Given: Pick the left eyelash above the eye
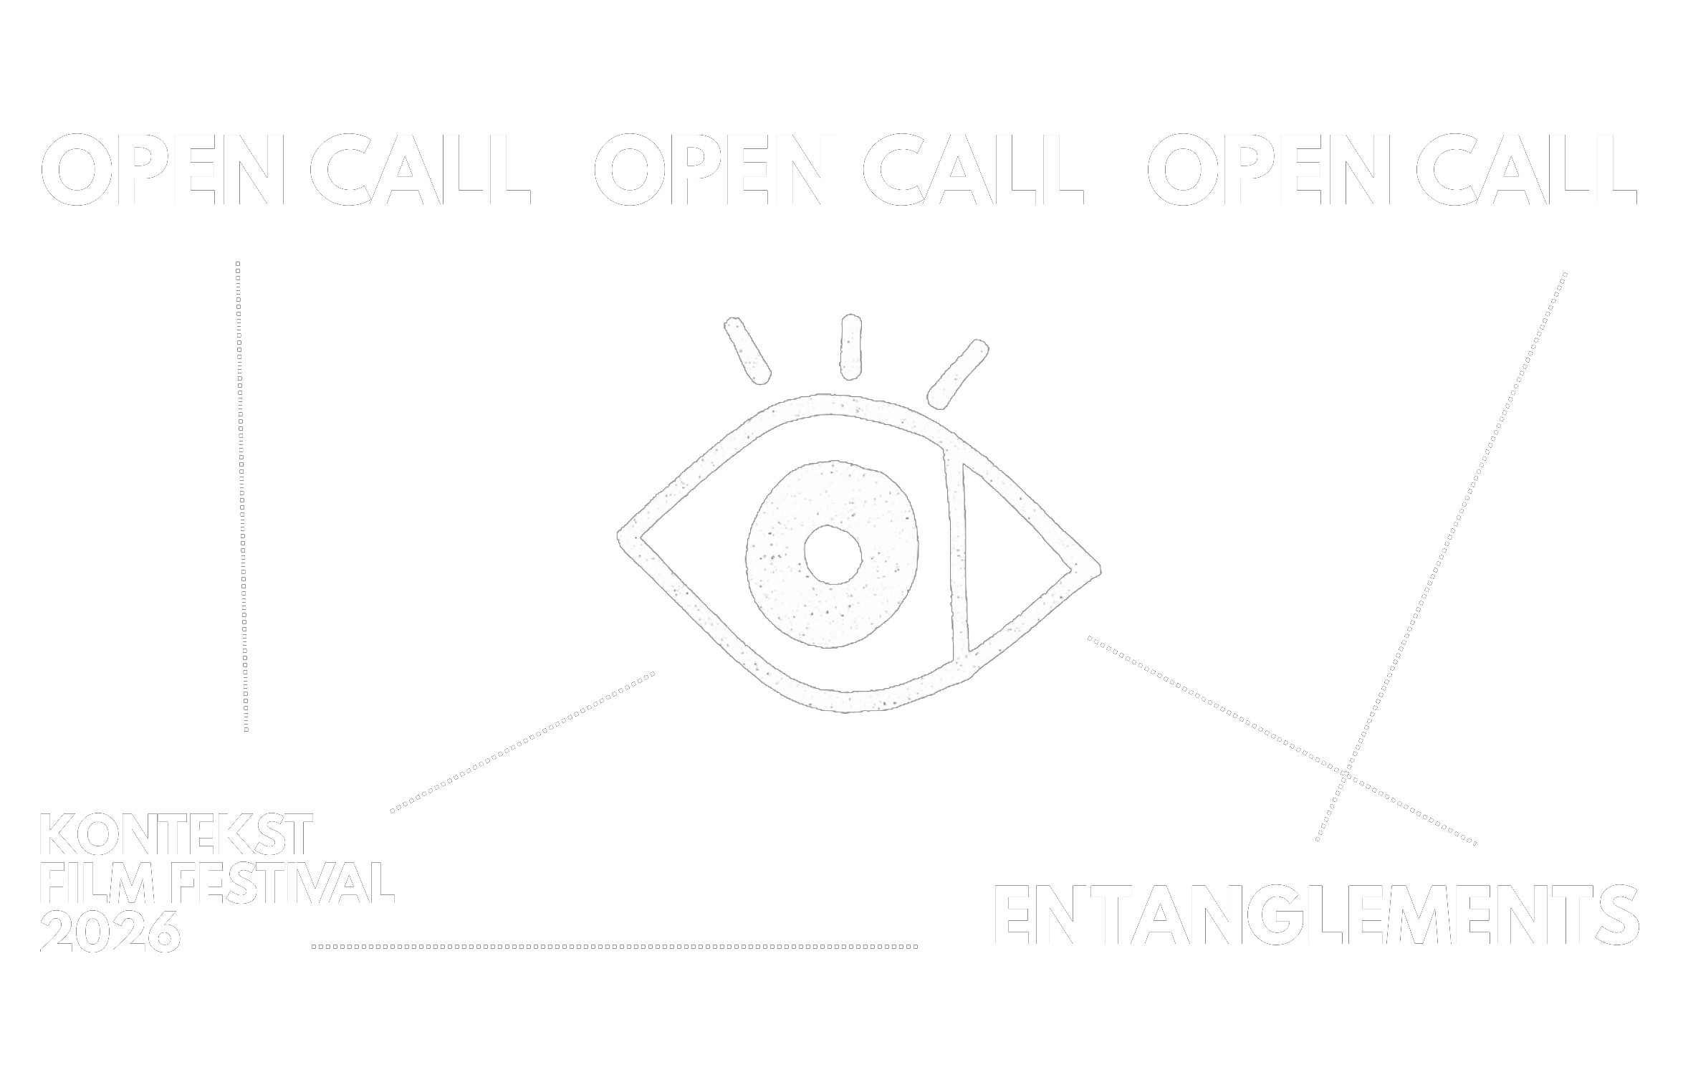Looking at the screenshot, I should tap(747, 348).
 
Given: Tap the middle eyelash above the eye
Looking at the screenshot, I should tap(850, 347).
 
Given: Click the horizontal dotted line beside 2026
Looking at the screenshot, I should tap(615, 947).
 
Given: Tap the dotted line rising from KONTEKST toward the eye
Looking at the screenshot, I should tap(523, 741).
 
